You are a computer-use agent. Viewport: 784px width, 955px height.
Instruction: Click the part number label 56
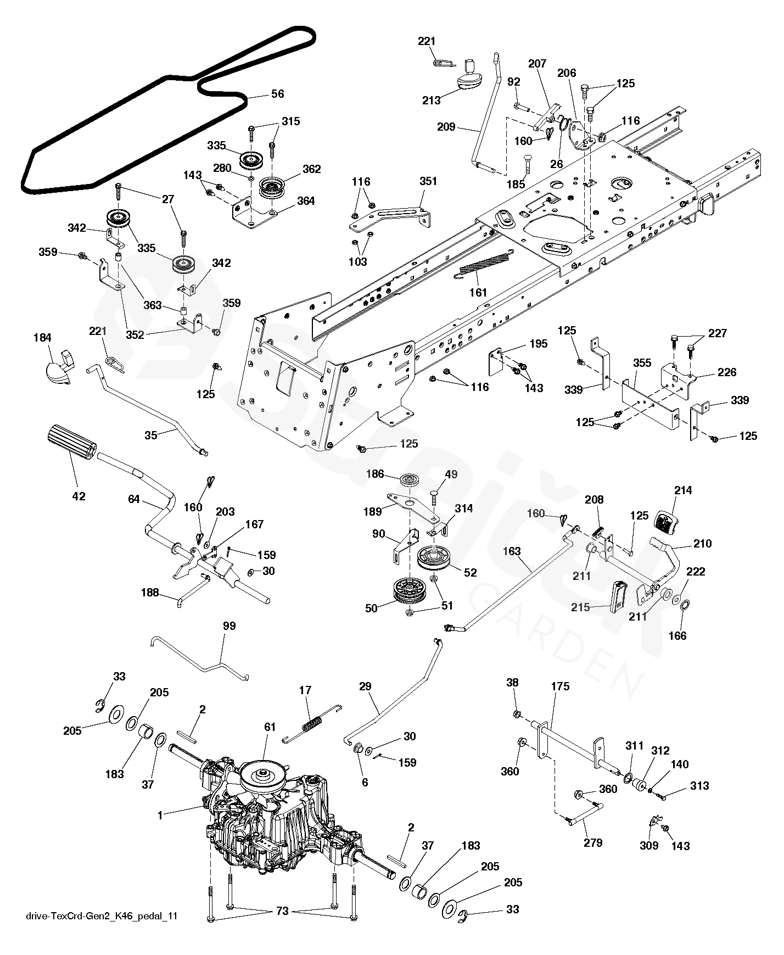(x=278, y=94)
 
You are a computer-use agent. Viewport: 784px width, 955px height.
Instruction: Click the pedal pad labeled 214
(x=668, y=522)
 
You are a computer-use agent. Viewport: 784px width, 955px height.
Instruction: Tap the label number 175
(x=560, y=686)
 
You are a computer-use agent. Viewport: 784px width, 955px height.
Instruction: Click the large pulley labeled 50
(x=408, y=591)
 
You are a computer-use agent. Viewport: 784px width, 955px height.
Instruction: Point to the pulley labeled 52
(x=434, y=557)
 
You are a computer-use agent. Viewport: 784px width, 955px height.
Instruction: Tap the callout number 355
(x=642, y=363)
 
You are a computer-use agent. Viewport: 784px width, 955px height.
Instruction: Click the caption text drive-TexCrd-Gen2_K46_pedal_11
(x=102, y=916)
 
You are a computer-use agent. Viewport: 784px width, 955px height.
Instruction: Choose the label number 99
(x=229, y=626)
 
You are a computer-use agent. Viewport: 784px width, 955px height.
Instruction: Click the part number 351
(x=428, y=181)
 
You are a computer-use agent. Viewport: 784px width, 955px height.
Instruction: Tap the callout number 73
(x=282, y=912)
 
